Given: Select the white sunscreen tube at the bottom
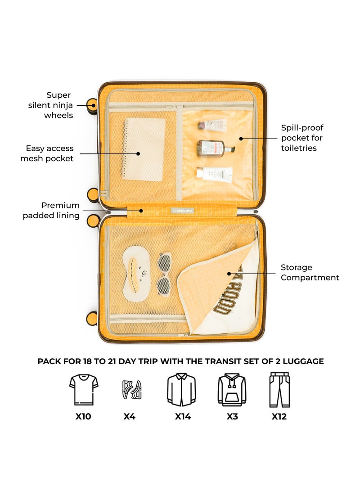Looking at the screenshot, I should pos(215,173).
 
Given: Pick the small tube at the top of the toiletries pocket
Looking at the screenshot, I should pos(212,125).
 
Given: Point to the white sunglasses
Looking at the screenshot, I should pos(165,274).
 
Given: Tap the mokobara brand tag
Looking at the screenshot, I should pos(180,210).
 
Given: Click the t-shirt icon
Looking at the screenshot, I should pos(84,389).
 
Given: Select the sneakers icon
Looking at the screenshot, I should pos(132,390).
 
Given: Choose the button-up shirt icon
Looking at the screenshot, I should pos(181,390).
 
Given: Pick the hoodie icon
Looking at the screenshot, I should pos(232,390).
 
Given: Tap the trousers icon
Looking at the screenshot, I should pos(279,390).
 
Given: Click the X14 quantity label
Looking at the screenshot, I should pos(183,417).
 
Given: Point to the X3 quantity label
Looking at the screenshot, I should pos(232,417).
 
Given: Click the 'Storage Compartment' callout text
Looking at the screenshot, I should pos(310,273).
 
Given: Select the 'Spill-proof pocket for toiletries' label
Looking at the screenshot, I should pos(302,138).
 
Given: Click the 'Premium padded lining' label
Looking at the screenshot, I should pos(51,210).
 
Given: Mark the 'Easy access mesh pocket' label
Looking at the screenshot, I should pos(47,153).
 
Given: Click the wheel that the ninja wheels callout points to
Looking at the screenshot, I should pos(92,106).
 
